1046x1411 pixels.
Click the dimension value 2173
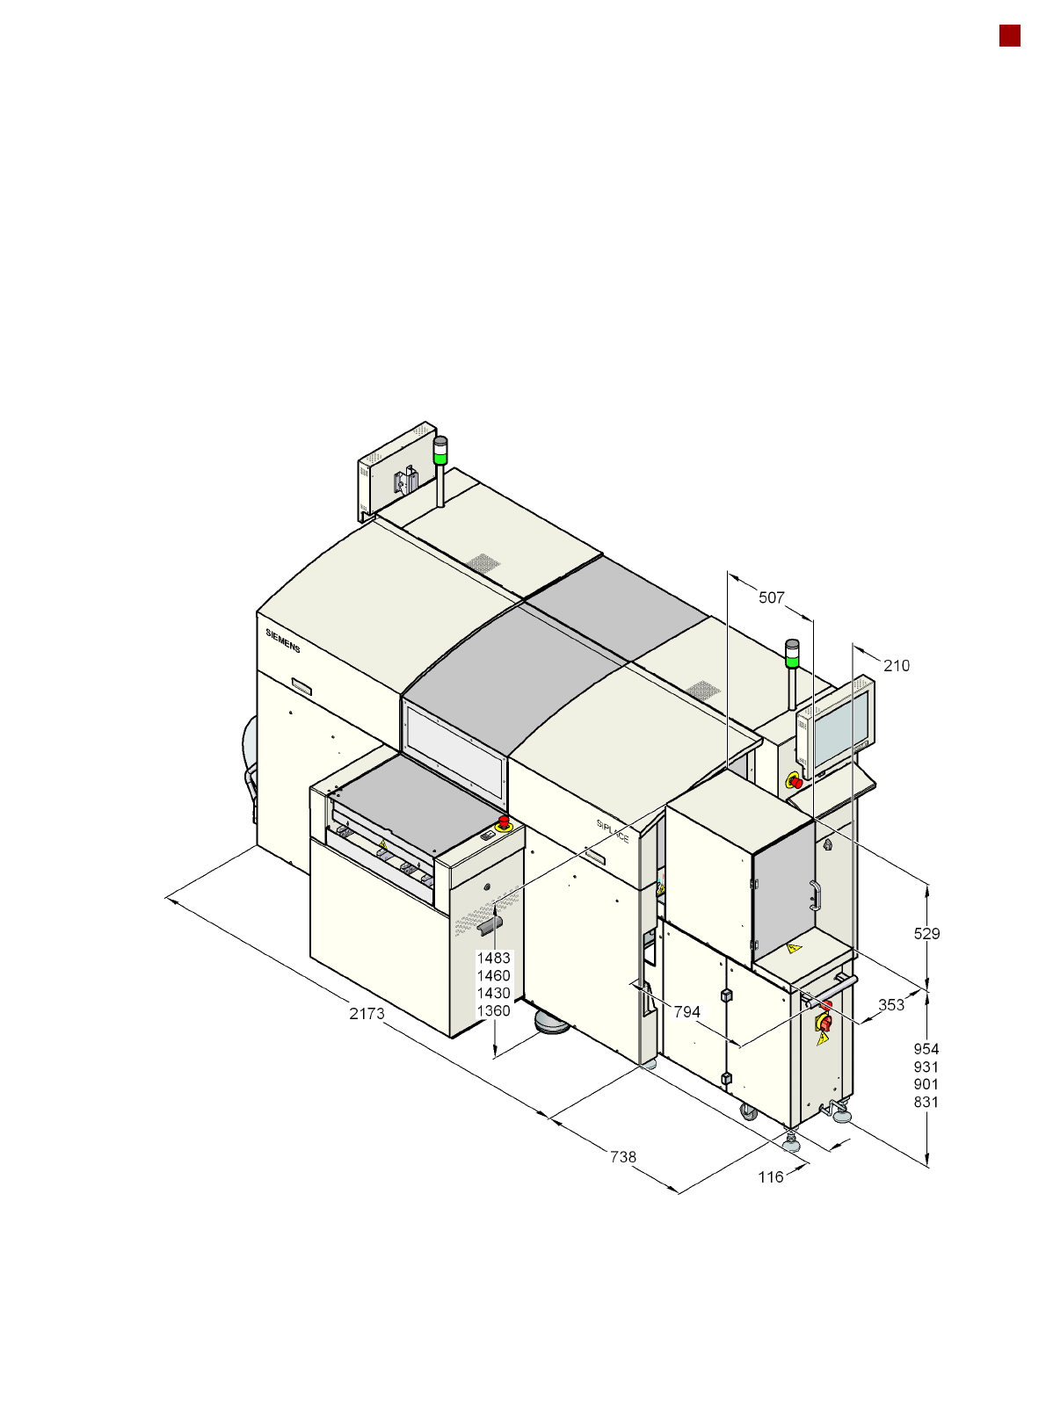point(367,1013)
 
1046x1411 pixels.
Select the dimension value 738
point(622,1157)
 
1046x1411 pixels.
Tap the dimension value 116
point(770,1177)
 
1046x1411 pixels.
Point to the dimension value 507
point(771,597)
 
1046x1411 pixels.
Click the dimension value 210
point(897,665)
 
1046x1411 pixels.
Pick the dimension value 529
point(926,934)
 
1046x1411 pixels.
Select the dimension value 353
point(890,1005)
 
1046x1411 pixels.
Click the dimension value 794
point(687,1011)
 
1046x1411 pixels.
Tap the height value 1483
point(493,958)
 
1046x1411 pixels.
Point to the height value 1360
point(493,1011)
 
